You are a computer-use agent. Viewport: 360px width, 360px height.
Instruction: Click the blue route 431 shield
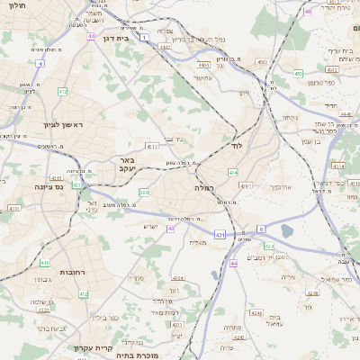(x=220, y=235)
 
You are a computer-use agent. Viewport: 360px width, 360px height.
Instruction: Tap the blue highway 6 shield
(x=261, y=229)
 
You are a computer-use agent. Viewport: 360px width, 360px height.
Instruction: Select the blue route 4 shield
(x=40, y=64)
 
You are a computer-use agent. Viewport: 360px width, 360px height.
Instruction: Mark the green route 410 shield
(x=45, y=263)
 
